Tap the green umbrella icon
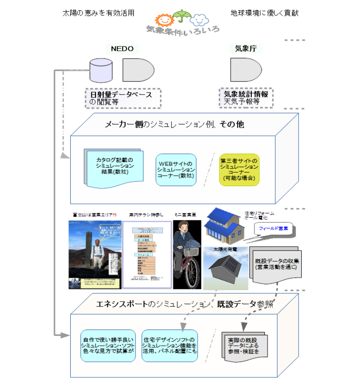[x=181, y=16]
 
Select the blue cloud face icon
[x=199, y=20]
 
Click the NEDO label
[x=122, y=48]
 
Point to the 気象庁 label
[x=246, y=48]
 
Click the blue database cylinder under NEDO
[x=100, y=70]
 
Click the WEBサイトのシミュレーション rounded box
[x=176, y=169]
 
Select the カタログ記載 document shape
[x=114, y=168]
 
